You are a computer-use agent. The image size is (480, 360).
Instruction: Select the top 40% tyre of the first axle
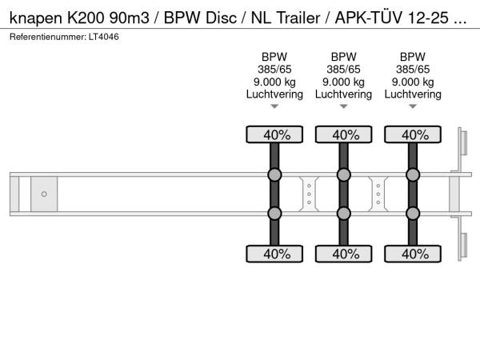click(x=274, y=134)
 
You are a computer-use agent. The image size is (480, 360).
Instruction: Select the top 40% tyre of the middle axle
click(x=344, y=134)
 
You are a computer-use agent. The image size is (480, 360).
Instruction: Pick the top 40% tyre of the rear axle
click(x=413, y=134)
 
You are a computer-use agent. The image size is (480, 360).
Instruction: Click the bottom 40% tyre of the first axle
click(x=274, y=254)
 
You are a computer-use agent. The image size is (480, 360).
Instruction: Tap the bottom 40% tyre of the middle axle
click(x=344, y=254)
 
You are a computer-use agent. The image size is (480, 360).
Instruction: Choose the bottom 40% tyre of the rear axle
click(x=413, y=254)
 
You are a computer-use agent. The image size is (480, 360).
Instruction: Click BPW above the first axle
click(x=274, y=57)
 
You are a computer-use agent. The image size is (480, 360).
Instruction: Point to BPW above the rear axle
click(x=413, y=57)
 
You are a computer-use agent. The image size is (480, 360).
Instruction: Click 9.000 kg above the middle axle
click(x=344, y=82)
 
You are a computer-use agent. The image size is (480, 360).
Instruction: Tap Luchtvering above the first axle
click(x=274, y=94)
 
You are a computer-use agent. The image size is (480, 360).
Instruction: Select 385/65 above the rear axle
click(x=413, y=70)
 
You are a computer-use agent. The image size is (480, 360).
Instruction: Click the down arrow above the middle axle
click(x=344, y=106)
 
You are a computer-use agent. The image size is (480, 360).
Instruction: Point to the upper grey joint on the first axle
click(x=274, y=175)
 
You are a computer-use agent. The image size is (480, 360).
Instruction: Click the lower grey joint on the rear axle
click(x=413, y=213)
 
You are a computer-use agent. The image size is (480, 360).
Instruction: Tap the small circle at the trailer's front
click(x=44, y=194)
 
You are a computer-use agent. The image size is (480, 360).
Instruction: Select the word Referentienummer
click(x=45, y=38)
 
